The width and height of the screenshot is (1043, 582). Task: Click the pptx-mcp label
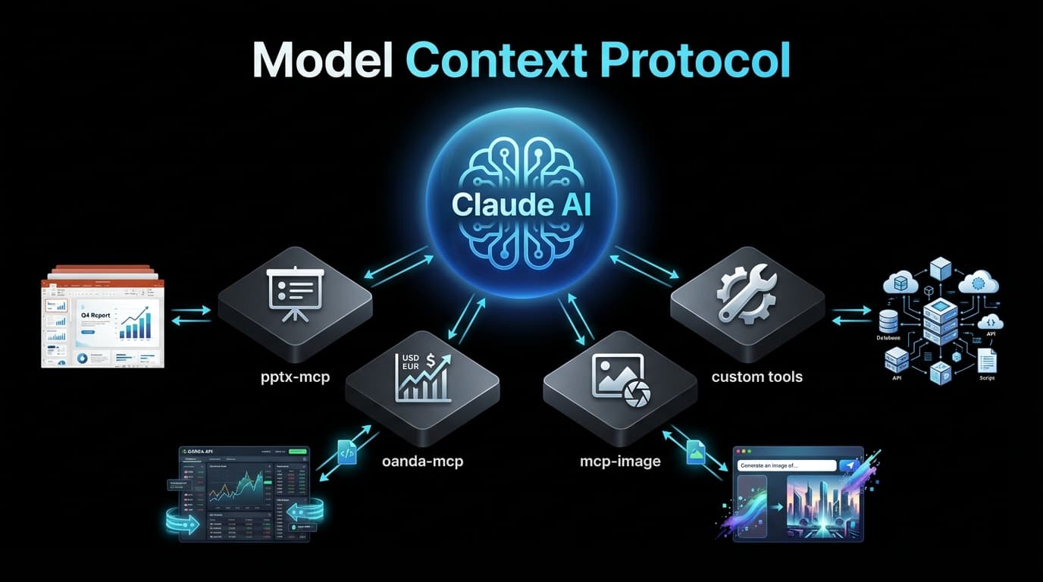point(294,376)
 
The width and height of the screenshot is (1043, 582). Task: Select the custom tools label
point(756,376)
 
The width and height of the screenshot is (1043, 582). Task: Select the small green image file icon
point(696,452)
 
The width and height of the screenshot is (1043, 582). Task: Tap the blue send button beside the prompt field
point(849,465)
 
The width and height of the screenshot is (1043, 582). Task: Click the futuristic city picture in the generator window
point(822,507)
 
